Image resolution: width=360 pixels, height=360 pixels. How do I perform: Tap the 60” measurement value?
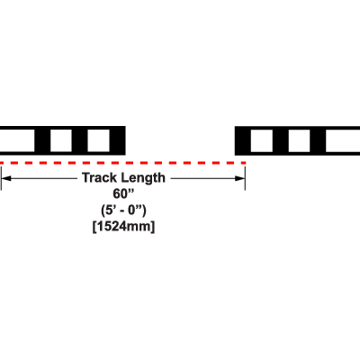coord(123,193)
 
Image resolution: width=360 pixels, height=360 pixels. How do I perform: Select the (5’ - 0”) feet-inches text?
coord(123,211)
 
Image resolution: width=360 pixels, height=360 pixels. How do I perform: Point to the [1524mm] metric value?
coord(123,227)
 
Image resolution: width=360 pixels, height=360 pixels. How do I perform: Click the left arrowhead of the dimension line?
coord(6,178)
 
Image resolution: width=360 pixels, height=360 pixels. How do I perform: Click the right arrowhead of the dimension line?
coord(240,178)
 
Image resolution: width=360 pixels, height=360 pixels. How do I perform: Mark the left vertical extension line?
coord(1,178)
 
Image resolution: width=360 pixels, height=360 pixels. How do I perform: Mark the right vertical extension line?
coord(245,178)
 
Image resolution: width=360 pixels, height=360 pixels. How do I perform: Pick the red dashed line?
coord(123,163)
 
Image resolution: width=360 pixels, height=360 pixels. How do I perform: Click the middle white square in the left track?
coord(61,140)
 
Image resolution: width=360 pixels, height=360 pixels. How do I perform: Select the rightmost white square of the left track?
coord(98,140)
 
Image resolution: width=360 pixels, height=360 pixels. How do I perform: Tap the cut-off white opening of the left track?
coord(17,140)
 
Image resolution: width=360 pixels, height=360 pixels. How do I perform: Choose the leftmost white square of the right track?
coord(262,140)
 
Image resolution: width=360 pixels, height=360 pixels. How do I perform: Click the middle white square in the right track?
coord(299,140)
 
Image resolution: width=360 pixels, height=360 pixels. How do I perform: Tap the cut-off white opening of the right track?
coord(343,140)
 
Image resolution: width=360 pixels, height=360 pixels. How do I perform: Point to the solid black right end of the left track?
coord(117,140)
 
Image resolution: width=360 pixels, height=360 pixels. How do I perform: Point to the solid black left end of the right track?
coord(243,140)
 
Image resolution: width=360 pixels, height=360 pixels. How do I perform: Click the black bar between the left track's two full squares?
coord(80,140)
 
